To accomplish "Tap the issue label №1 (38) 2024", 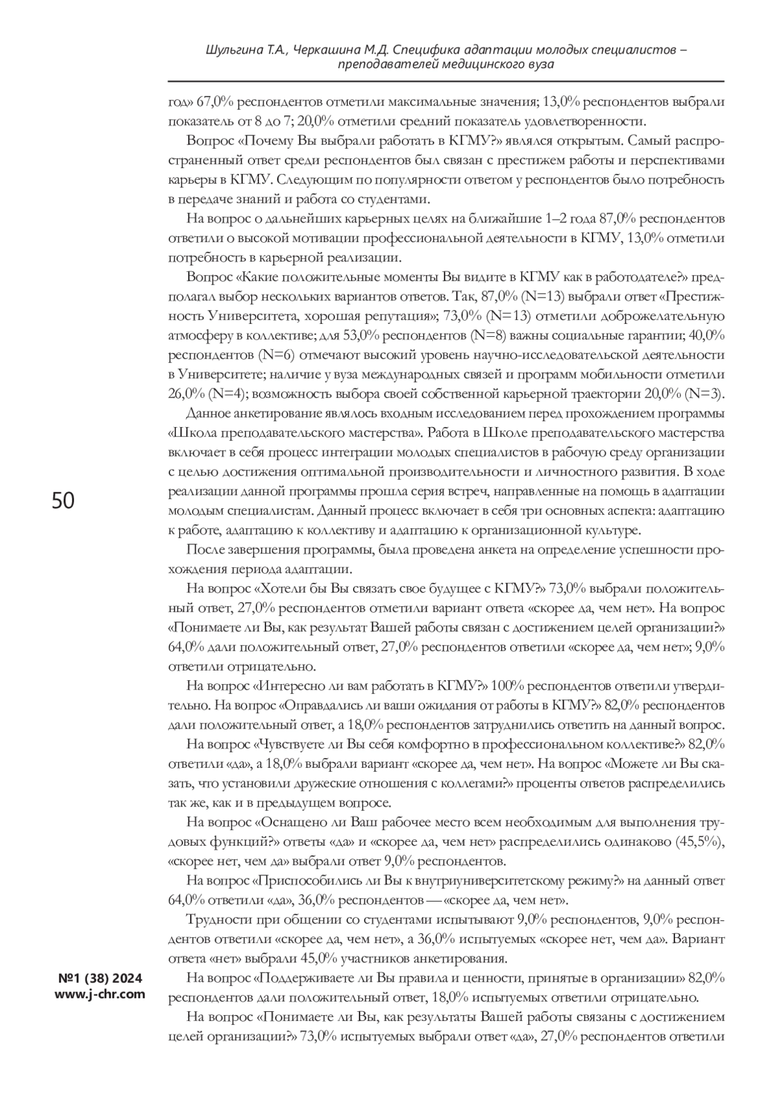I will coord(100,979).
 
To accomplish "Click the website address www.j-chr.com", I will coord(100,994).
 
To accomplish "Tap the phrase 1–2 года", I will coord(569,218).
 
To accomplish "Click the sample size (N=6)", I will coord(276,355).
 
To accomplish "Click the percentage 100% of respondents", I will coord(509,685).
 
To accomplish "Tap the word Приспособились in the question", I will coord(312,880).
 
